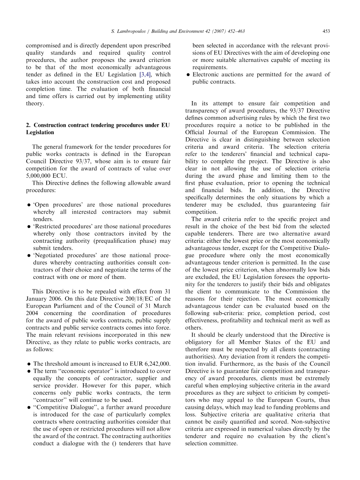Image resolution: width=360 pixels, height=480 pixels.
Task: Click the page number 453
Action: pos(326,31)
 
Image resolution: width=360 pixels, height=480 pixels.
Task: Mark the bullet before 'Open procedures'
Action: pos(29,205)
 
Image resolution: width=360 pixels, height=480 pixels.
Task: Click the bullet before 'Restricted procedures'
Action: pos(29,226)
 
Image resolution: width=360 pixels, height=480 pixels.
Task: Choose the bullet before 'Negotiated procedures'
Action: pos(29,256)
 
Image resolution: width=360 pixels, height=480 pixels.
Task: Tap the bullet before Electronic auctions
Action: pos(188,75)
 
